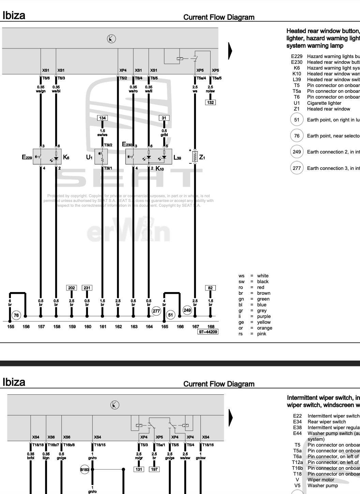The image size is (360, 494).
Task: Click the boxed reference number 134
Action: (102, 118)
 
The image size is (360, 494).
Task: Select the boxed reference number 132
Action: (210, 102)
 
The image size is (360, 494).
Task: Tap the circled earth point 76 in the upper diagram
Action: (16, 315)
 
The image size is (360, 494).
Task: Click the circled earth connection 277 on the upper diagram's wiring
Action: (156, 311)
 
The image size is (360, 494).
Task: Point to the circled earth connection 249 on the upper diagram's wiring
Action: (187, 310)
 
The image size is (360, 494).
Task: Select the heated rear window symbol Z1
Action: (195, 157)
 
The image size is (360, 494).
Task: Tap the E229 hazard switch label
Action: (27, 157)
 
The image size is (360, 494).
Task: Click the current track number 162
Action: (118, 326)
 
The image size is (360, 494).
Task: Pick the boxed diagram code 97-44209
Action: (208, 332)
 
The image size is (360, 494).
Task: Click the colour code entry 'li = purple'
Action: (254, 316)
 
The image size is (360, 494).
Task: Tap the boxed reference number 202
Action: (72, 288)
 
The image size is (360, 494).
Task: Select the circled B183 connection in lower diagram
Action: (85, 469)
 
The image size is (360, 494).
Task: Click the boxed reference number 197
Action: (154, 469)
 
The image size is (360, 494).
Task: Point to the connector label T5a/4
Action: (201, 78)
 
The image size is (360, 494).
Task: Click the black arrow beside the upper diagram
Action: (230, 50)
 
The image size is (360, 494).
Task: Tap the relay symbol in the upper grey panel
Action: (180, 59)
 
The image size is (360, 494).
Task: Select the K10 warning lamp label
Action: (160, 169)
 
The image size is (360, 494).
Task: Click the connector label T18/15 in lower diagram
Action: (100, 445)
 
